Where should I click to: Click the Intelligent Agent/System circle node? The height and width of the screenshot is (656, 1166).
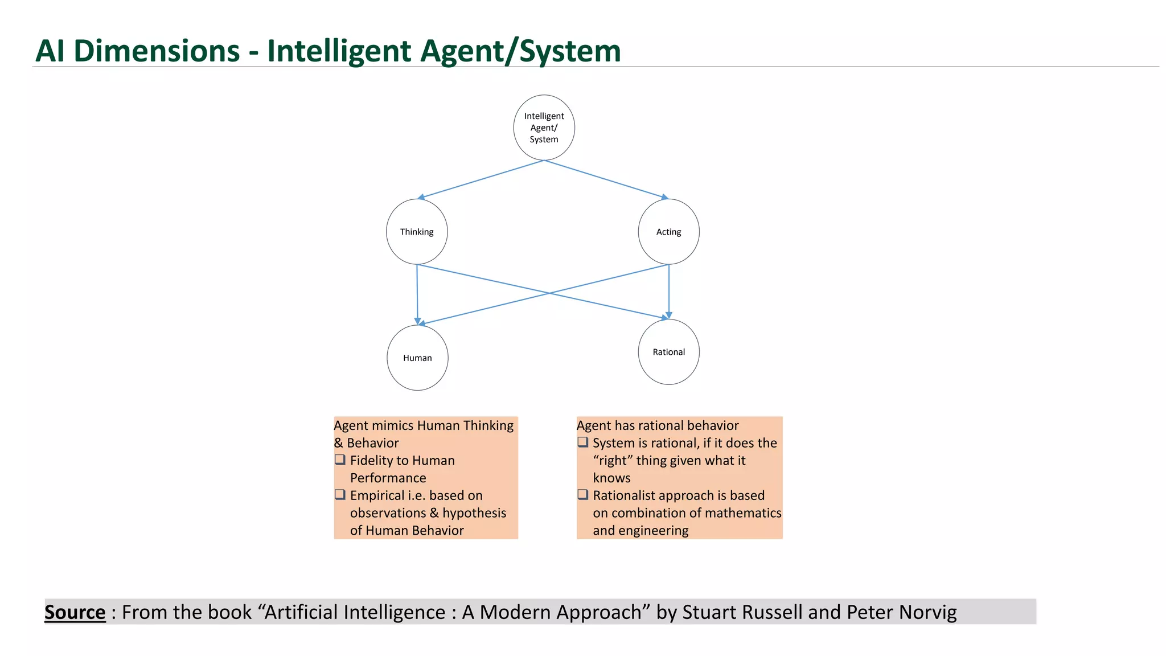coord(544,128)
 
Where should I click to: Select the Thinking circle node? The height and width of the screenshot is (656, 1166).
coord(417,232)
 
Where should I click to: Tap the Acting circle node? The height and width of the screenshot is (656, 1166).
coord(668,232)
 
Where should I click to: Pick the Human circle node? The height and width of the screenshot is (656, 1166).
coord(417,358)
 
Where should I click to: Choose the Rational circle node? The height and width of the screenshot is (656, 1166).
coord(668,352)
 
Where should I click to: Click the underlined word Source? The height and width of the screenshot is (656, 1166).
coord(75,612)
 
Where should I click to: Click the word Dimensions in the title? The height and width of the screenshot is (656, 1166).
coord(157,51)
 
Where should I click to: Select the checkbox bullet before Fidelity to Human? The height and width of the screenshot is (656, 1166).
coord(340,460)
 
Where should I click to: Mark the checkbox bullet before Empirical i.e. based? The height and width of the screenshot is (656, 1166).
coord(340,494)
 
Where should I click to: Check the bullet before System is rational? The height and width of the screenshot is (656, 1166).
coord(582,442)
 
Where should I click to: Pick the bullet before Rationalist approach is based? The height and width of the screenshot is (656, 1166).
coord(582,494)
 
